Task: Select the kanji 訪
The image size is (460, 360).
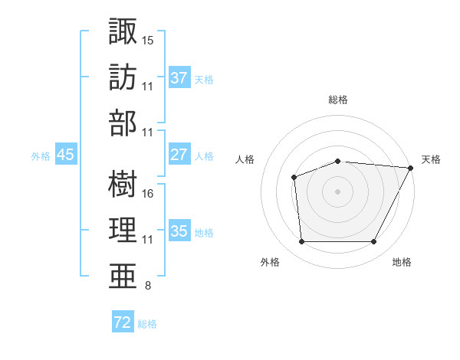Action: (123, 77)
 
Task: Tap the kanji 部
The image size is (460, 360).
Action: (123, 124)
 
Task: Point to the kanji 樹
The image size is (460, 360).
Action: (123, 183)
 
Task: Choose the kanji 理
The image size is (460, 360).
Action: (123, 231)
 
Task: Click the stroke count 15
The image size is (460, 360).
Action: (148, 39)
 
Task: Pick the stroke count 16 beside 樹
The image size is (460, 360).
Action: (148, 193)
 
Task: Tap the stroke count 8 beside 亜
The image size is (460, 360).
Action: (147, 286)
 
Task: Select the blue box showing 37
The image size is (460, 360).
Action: (179, 77)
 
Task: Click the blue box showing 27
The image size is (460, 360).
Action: (179, 154)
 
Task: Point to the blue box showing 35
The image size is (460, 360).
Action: (179, 231)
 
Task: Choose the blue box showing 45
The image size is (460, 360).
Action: (65, 154)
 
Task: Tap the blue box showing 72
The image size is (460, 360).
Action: (123, 322)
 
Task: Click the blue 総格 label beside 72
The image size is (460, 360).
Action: (147, 324)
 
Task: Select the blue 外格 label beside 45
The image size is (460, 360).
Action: (41, 155)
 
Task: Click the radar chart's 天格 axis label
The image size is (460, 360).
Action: (431, 159)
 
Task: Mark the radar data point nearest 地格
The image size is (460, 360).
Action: (373, 242)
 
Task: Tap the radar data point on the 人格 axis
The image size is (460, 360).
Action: (294, 178)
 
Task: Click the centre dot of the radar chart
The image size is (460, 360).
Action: (337, 191)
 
